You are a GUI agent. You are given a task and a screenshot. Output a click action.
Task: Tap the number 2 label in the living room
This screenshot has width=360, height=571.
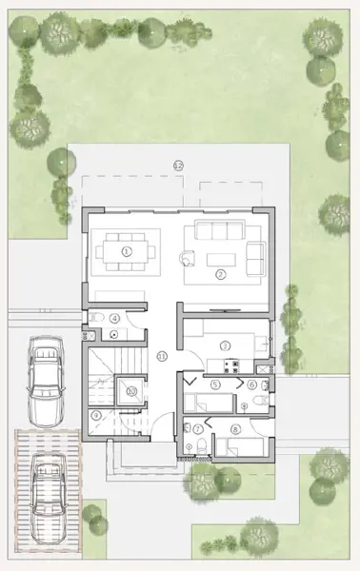[x=220, y=274]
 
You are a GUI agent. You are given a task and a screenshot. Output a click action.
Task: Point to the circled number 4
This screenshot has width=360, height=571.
[x=115, y=319]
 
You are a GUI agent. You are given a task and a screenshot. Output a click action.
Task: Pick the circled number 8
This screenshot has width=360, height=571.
[x=252, y=384]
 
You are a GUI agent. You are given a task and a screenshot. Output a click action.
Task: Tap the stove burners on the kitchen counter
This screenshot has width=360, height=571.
[x=230, y=365]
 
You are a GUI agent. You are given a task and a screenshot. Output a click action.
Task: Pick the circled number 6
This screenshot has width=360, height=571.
[x=252, y=384]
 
